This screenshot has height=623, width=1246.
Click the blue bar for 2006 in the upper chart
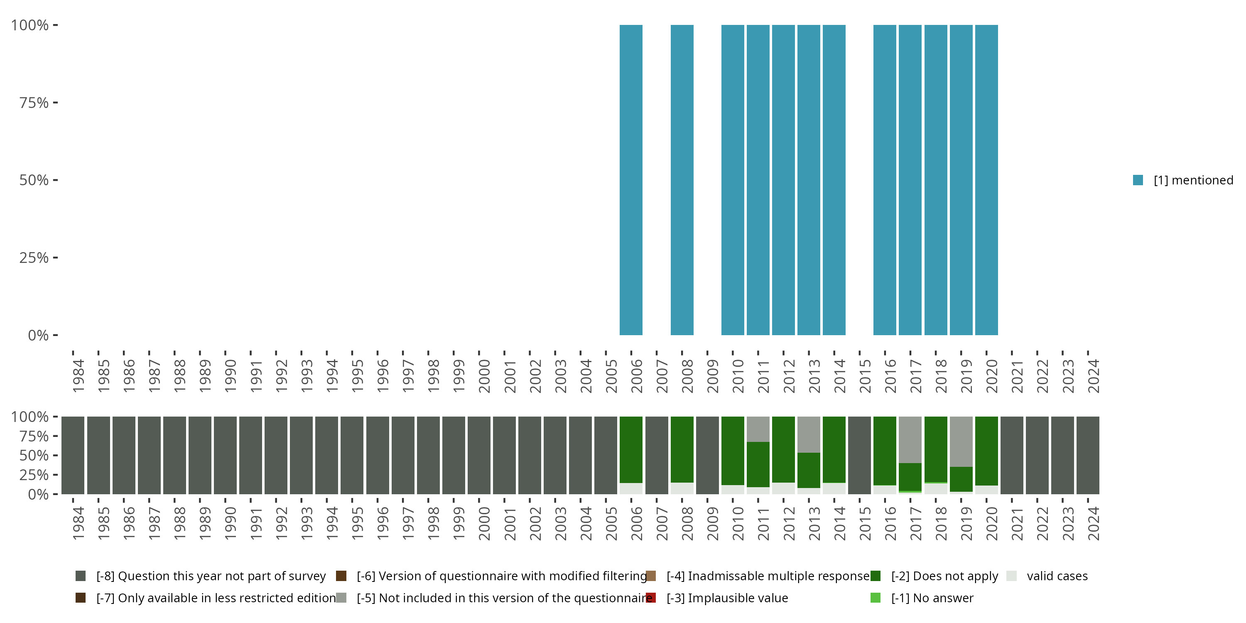(631, 180)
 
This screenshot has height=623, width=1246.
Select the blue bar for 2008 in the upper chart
(682, 180)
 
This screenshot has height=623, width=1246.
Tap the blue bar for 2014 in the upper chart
(834, 180)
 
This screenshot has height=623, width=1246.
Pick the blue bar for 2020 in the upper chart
(986, 180)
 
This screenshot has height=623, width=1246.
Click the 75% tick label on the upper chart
(34, 103)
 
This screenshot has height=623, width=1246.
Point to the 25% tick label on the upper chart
(34, 258)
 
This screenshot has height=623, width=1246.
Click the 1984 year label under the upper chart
(78, 376)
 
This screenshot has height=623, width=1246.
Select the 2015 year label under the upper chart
(865, 376)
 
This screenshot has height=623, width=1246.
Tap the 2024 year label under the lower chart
(1093, 523)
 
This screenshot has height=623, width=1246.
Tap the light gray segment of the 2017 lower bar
(910, 439)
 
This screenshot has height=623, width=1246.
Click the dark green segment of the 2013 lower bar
(809, 470)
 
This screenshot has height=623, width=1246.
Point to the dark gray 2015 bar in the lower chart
(859, 455)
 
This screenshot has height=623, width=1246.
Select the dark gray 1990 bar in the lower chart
(225, 455)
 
